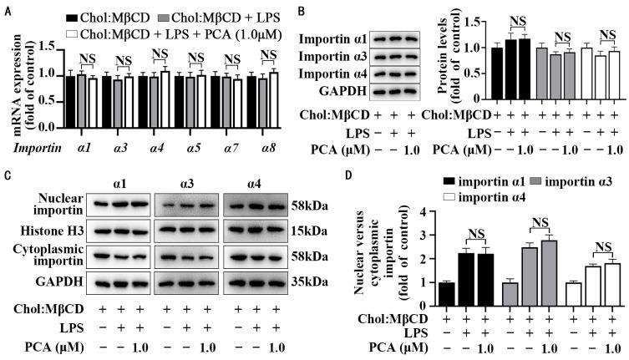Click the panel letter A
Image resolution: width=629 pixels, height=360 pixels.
tap(6, 7)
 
